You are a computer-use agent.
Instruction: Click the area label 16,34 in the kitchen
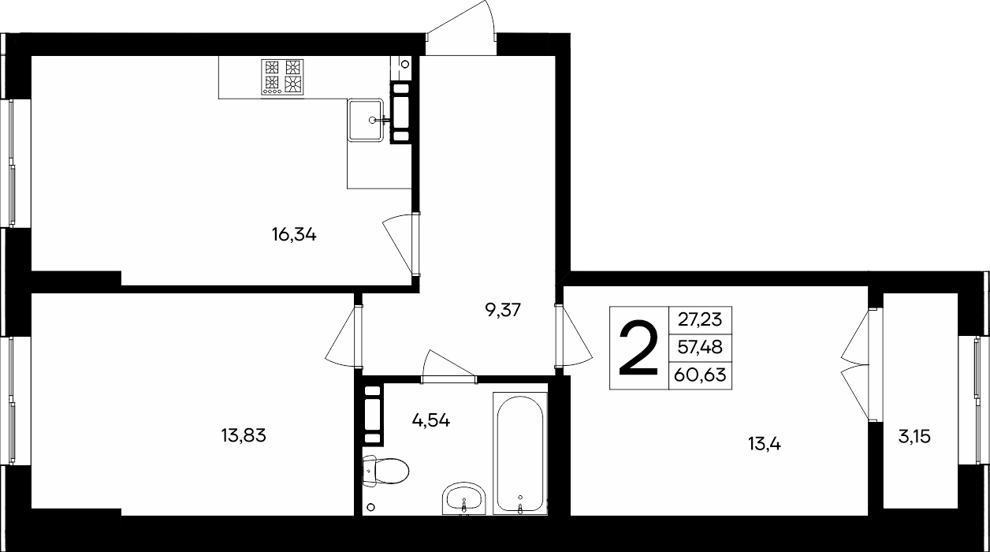coord(294,235)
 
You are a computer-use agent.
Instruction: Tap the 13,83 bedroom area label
coord(244,436)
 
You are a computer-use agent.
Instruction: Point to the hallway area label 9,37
coord(503,311)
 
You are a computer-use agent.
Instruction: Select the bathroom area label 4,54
coord(431,420)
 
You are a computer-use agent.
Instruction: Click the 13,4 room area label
coord(765,444)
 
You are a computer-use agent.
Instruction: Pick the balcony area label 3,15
coord(914,437)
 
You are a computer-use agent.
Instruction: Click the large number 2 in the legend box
coord(638,349)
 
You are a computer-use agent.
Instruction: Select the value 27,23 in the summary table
coord(700,319)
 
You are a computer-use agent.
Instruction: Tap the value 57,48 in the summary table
coord(700,347)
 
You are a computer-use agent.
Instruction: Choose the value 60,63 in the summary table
coord(700,375)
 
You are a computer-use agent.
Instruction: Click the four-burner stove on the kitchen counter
coord(283,77)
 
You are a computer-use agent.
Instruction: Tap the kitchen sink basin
coord(365,120)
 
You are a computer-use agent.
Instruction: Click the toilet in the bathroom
coord(385,471)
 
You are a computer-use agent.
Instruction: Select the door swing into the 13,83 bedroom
coord(344,336)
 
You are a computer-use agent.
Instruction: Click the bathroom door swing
coord(449,366)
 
